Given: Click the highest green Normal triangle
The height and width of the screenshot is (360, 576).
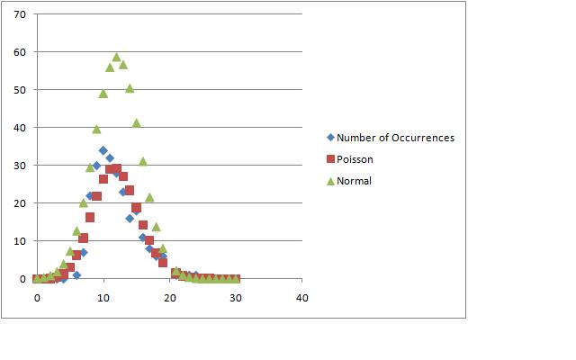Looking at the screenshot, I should coord(116,57).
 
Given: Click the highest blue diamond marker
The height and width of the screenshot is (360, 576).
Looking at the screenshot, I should coord(103,150).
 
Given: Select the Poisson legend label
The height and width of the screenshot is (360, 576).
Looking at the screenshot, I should coord(355,159).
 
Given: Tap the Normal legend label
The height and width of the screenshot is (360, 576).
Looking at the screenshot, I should coord(354,181).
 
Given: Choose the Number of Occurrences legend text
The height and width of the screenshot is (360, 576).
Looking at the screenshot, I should coord(395,138).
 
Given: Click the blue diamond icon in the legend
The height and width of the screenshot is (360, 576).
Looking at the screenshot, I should coord(330,138).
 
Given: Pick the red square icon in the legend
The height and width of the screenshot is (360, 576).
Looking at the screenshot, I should coord(330,159).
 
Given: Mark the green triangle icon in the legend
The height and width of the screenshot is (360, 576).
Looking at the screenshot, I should coord(330,181).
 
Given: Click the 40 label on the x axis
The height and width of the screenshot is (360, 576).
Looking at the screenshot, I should coord(302,297).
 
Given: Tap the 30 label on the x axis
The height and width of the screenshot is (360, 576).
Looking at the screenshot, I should coord(236,297).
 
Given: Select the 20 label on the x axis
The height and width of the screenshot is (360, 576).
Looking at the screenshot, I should coord(170,297).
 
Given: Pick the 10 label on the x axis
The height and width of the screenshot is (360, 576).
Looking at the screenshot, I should coord(103,297).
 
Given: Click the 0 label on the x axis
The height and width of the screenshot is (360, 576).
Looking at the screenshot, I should coord(37,297).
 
